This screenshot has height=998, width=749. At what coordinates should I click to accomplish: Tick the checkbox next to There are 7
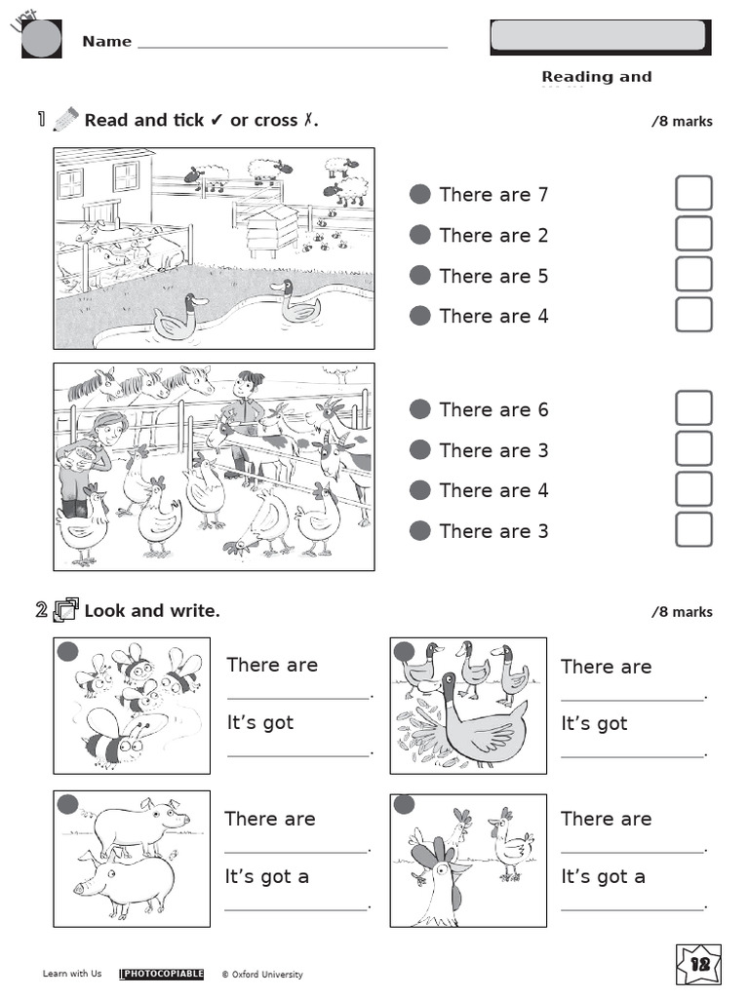coord(693,193)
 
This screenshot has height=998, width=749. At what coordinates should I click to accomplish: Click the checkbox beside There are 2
coord(693,234)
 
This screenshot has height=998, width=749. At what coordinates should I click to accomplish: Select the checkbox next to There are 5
coord(693,275)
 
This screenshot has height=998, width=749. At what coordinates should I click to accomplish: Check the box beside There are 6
coord(693,408)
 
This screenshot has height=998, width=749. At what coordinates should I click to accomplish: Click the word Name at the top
coord(106,41)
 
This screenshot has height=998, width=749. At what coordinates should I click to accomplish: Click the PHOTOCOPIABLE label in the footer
coord(161,974)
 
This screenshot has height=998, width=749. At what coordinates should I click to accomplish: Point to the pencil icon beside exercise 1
coord(65,120)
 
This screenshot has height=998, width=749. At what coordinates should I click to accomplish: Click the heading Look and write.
coord(152,611)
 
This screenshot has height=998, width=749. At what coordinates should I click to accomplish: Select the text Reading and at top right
coord(596,77)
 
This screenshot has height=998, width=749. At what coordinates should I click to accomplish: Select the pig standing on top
coord(139,825)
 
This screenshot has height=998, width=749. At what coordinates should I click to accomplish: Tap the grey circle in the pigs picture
coord(67,804)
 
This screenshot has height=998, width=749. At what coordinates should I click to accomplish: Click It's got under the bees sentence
coord(259,723)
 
